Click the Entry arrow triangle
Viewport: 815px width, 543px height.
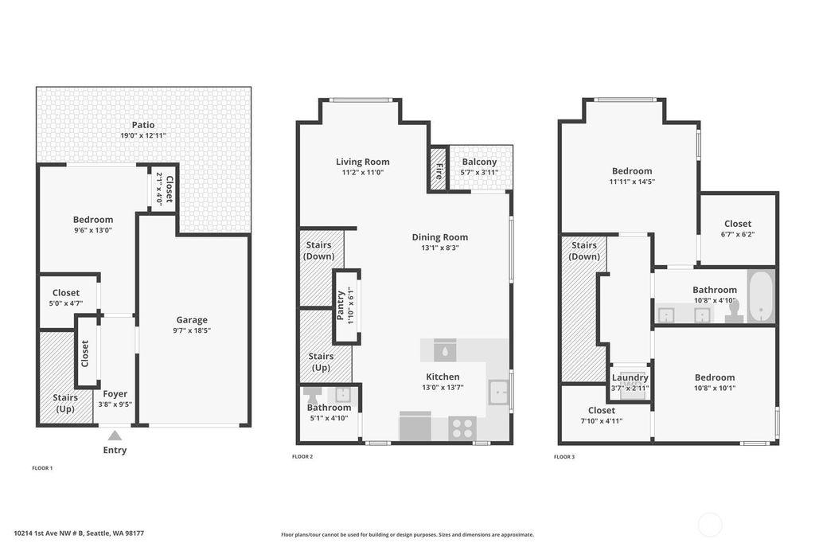115,436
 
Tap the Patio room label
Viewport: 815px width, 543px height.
143,125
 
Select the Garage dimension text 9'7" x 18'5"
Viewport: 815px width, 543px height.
192,330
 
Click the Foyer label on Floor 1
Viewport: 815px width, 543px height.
115,394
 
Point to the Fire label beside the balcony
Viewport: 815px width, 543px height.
439,171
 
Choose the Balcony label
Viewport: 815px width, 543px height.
479,162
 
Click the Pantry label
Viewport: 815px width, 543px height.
341,306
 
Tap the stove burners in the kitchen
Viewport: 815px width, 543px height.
462,428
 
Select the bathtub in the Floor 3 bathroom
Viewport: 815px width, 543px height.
761,296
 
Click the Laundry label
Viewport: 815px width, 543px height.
630,377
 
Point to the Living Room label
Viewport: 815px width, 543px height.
362,162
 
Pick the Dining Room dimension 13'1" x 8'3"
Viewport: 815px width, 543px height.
439,248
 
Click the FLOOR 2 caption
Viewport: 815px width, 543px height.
302,457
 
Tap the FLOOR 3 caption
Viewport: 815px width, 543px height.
564,457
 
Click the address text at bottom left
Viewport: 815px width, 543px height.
79,533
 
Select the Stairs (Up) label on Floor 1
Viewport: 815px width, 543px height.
65,403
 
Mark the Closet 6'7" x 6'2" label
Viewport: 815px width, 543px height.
738,229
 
